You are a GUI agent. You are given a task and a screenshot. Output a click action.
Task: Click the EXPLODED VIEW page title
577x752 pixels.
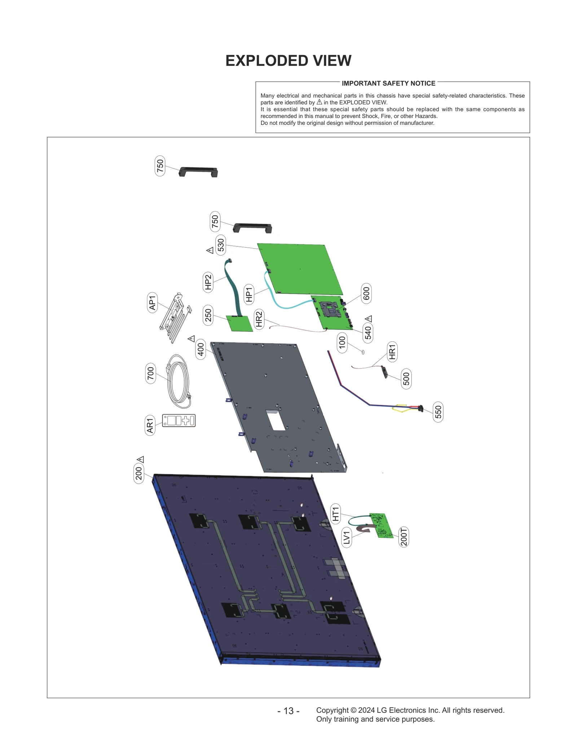tap(288, 61)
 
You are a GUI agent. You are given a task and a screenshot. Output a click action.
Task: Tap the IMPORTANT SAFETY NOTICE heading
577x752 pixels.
tap(388, 83)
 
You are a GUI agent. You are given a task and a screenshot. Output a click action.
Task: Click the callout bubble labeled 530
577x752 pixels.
tap(221, 245)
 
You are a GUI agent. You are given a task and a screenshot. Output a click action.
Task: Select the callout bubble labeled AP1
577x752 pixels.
tap(153, 302)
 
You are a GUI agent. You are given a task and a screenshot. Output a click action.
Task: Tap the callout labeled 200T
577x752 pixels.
tap(404, 537)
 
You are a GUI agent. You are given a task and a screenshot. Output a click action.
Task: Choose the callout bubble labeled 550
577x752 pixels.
tap(438, 412)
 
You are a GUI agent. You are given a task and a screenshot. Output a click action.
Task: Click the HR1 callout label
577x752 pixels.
tap(392, 352)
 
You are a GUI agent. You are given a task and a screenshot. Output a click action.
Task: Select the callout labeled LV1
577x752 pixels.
tap(347, 537)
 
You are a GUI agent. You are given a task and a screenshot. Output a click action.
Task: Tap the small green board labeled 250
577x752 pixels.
tap(239, 323)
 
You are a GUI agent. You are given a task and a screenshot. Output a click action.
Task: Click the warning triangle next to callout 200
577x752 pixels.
tap(141, 459)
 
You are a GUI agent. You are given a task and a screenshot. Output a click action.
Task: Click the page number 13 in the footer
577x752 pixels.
tap(288, 711)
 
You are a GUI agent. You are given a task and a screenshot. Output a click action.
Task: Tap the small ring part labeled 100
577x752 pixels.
tap(363, 352)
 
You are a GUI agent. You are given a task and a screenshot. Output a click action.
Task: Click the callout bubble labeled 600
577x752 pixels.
tap(366, 293)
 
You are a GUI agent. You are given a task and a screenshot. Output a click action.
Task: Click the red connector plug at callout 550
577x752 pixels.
tap(420, 408)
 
